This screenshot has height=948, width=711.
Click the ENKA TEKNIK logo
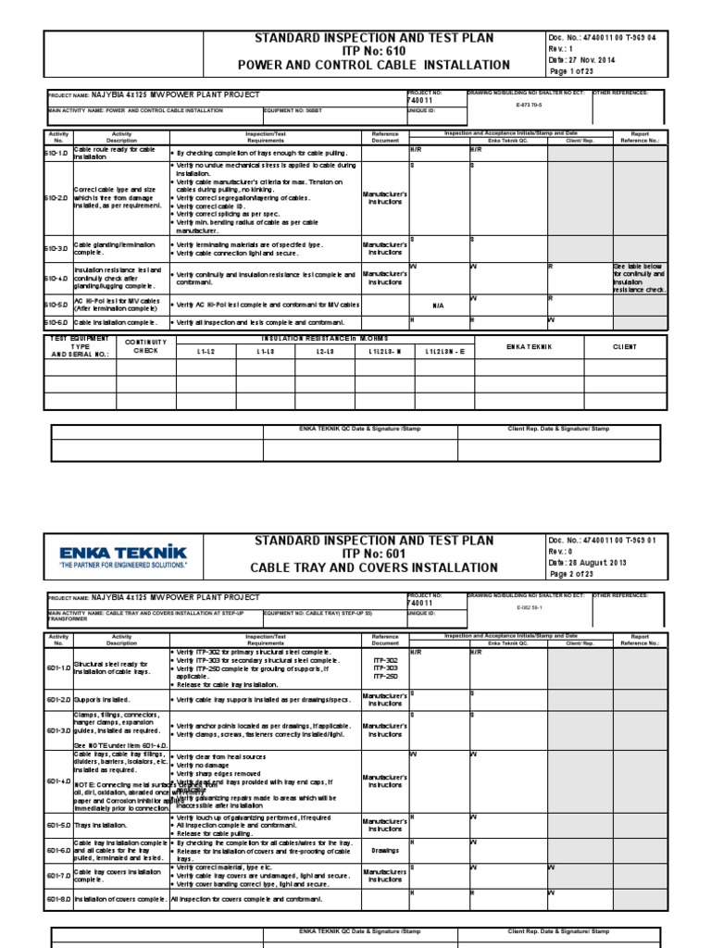[x=122, y=553]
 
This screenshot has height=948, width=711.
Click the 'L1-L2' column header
[x=206, y=352]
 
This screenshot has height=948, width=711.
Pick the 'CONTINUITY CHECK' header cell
[x=145, y=346]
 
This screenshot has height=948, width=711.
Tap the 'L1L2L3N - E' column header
[x=446, y=352]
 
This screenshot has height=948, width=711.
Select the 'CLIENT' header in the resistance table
[x=625, y=346]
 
